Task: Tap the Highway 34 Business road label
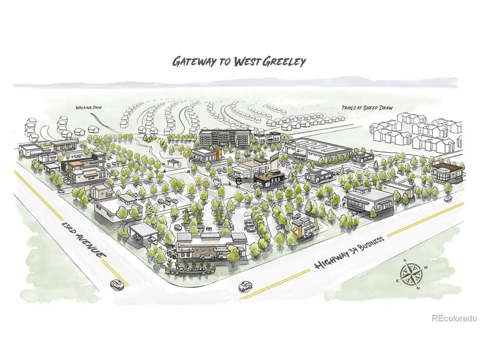(349, 253)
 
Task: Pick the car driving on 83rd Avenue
(116, 285)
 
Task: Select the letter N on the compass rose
(417, 288)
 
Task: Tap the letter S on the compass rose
(405, 260)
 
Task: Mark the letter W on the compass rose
(426, 268)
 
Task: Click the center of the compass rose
(411, 274)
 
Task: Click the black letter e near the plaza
(239, 181)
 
